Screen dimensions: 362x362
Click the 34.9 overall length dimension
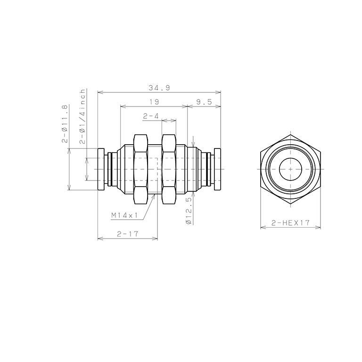click(159, 88)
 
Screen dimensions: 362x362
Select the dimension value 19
click(154, 102)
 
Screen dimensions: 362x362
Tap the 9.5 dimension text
click(204, 102)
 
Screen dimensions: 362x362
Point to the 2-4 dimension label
click(151, 116)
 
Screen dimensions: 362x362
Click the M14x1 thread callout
click(124, 215)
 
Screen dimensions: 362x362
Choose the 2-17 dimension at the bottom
click(127, 234)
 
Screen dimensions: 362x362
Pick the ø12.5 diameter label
click(189, 211)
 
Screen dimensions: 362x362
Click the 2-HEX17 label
click(290, 223)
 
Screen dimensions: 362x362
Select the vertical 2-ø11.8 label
click(65, 124)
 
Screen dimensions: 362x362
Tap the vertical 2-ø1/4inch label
click(82, 116)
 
